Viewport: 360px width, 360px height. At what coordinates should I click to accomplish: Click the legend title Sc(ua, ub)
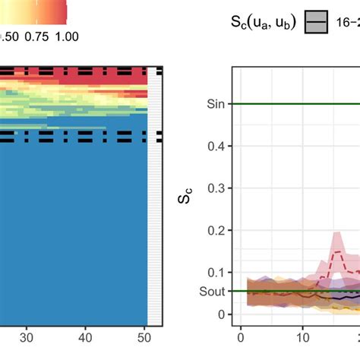(x=262, y=23)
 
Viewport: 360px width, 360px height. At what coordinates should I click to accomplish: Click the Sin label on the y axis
(x=215, y=104)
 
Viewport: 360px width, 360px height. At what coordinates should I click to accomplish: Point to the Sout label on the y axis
(x=212, y=291)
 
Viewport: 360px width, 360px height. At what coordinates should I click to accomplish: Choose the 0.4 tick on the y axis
(x=217, y=146)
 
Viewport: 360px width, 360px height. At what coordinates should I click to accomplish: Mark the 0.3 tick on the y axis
(x=217, y=188)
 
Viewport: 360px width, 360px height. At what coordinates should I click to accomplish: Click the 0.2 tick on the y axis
(x=217, y=230)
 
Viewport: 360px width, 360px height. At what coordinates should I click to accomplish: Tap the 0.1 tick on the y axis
(x=217, y=272)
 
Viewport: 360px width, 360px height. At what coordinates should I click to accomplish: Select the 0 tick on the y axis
(x=220, y=314)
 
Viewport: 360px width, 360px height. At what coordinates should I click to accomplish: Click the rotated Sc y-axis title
(x=185, y=199)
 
